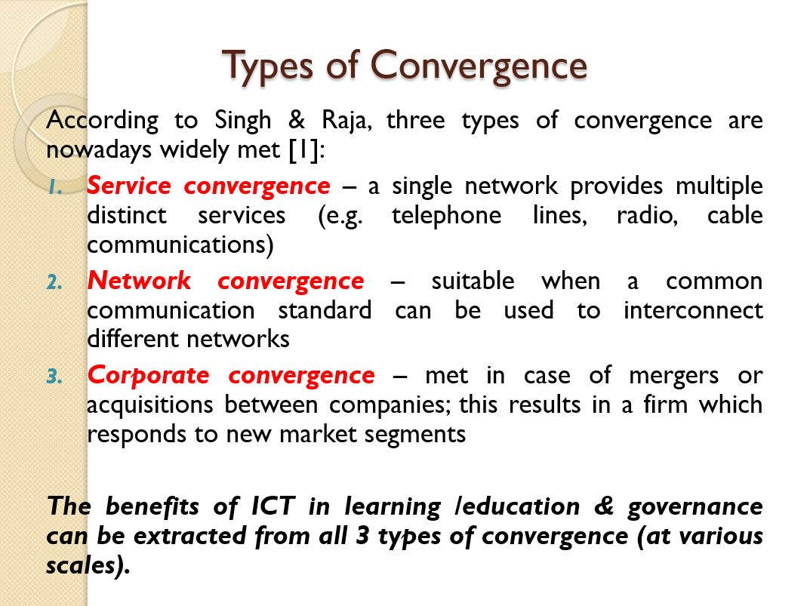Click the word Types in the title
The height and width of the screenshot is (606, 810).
(267, 66)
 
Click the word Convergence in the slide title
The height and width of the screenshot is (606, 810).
(479, 66)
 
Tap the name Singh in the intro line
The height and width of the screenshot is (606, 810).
(242, 122)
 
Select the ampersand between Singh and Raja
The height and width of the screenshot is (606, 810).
(297, 121)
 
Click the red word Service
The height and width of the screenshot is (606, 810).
(128, 186)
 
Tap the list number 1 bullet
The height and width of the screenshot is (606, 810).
(56, 187)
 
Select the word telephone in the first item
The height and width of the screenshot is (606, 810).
(446, 216)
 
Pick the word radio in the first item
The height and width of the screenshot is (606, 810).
(647, 215)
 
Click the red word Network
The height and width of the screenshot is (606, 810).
(139, 281)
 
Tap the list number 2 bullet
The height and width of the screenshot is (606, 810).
(55, 282)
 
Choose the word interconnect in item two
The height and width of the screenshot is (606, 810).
(693, 310)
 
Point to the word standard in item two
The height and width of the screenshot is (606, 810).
(325, 310)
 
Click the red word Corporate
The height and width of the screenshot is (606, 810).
(148, 376)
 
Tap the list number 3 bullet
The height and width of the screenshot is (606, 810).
(55, 377)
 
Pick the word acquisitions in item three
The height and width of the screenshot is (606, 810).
(149, 405)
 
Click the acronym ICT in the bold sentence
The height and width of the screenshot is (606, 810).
(273, 506)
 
